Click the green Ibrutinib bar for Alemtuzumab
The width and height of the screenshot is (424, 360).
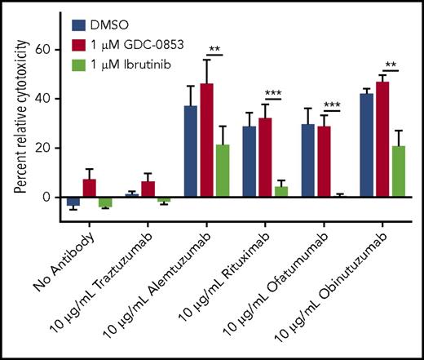222,171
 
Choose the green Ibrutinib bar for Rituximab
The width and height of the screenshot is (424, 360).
280,193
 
